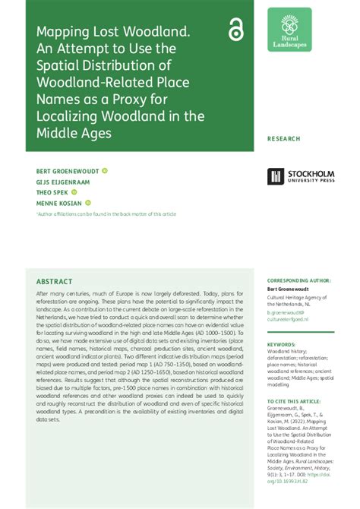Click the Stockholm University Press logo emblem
click(275, 176)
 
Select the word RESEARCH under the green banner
click(284, 139)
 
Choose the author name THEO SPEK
click(51, 192)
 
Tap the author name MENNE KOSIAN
click(58, 203)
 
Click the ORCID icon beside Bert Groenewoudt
click(104, 171)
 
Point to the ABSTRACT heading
click(54, 281)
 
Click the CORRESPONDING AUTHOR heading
click(299, 280)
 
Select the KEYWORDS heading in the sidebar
click(282, 344)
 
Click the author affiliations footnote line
click(106, 214)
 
